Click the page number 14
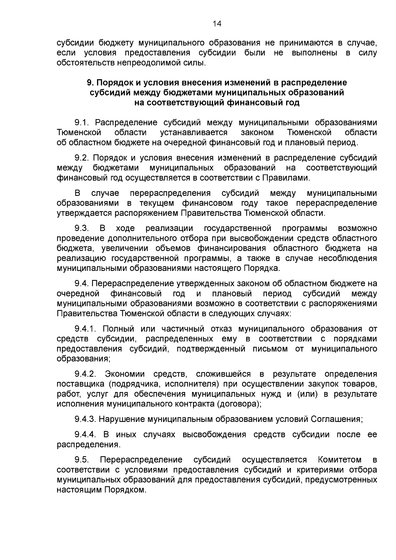click(x=217, y=24)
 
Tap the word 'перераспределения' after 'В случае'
click(x=170, y=193)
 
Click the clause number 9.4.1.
click(x=85, y=329)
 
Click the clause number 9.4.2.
click(x=85, y=374)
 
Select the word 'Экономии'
click(x=125, y=374)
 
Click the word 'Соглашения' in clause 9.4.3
click(x=336, y=419)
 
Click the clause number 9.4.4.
click(x=85, y=435)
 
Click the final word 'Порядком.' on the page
click(x=125, y=490)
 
